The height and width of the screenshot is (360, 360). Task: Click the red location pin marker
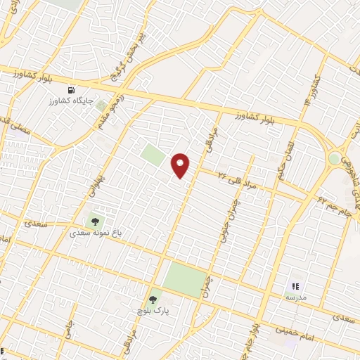click(x=181, y=165)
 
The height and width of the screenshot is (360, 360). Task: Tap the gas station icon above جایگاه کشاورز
click(x=71, y=91)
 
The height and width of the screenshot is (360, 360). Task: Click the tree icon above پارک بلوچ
click(x=153, y=300)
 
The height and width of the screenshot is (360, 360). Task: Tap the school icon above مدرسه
click(x=296, y=286)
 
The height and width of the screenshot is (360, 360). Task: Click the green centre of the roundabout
click(x=335, y=159)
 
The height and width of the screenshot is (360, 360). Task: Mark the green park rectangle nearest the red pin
click(x=153, y=155)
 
